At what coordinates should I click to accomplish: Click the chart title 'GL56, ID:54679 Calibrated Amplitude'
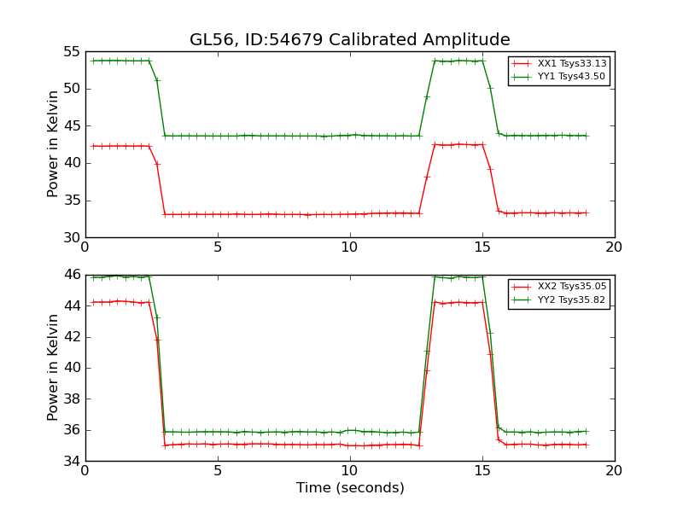coord(350,40)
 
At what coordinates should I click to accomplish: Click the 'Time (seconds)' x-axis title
coord(350,488)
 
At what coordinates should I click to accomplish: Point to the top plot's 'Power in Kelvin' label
coord(54,144)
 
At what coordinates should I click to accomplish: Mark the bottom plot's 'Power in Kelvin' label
coord(54,368)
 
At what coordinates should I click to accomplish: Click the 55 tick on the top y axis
coord(72,52)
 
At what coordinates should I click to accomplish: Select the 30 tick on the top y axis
coord(72,238)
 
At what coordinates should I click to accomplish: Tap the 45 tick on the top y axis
coord(72,126)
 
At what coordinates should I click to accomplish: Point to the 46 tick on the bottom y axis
coord(72,275)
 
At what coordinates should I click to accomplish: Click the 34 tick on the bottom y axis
coord(72,462)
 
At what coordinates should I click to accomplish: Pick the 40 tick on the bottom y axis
coord(72,368)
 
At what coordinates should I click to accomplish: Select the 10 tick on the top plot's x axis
coord(350,247)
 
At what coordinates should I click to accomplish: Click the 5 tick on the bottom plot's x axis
coord(218,471)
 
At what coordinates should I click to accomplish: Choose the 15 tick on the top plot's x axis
coord(482,247)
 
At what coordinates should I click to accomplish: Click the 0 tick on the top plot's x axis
coord(85,247)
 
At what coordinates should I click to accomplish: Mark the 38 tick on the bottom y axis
coord(72,399)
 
